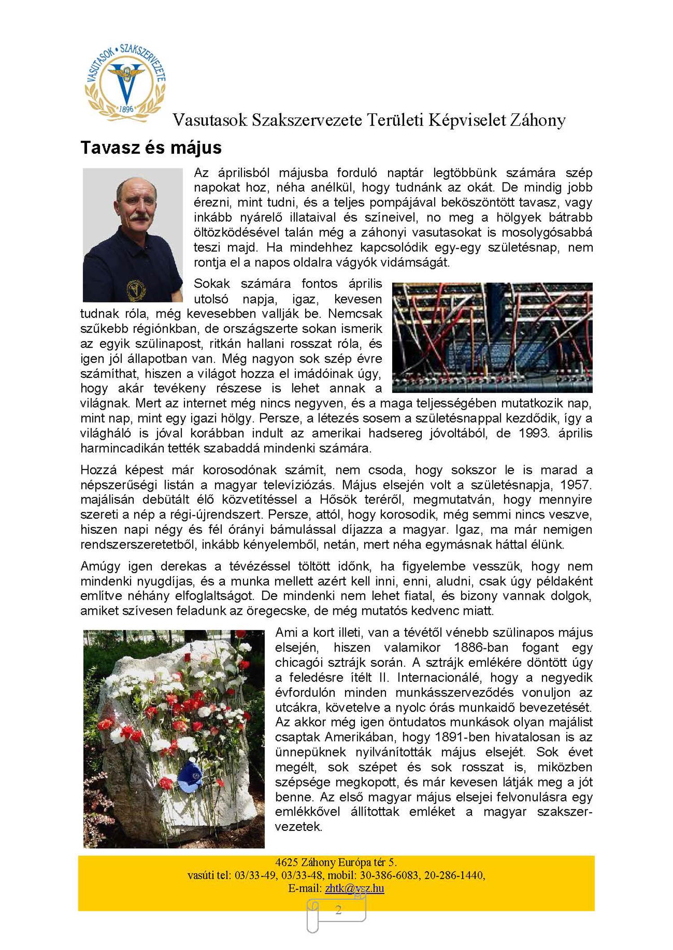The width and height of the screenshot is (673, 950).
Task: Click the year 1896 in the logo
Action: pyautogui.click(x=126, y=109)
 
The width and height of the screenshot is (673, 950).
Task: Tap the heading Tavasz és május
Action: pyautogui.click(x=151, y=147)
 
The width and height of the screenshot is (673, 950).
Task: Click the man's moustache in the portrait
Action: pyautogui.click(x=140, y=216)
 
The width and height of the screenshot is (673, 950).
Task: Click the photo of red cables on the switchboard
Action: pyautogui.click(x=492, y=337)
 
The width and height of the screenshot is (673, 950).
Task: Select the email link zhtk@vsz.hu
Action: pyautogui.click(x=354, y=888)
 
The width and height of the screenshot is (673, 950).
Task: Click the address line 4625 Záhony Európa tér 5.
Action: pyautogui.click(x=336, y=862)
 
